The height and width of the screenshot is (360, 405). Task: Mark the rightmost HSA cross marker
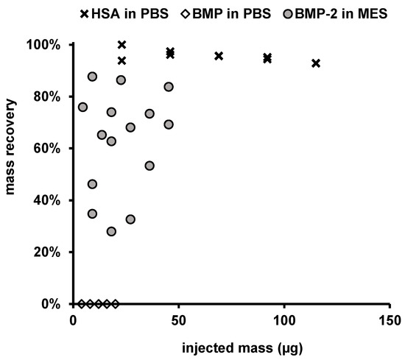point(316,63)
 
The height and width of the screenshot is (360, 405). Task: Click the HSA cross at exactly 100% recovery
point(121,45)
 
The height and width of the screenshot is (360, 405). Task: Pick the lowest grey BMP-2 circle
point(111,231)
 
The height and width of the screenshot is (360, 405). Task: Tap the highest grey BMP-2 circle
point(92,77)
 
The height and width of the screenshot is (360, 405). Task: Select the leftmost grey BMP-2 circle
point(82,107)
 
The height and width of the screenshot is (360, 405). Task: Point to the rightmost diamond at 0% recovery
point(115,303)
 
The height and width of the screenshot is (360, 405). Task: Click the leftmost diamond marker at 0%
point(81,303)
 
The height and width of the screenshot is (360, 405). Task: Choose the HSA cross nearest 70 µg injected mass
point(219,56)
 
